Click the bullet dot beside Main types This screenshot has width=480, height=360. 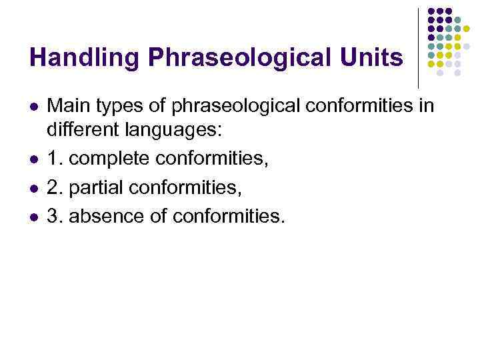(x=33, y=107)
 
